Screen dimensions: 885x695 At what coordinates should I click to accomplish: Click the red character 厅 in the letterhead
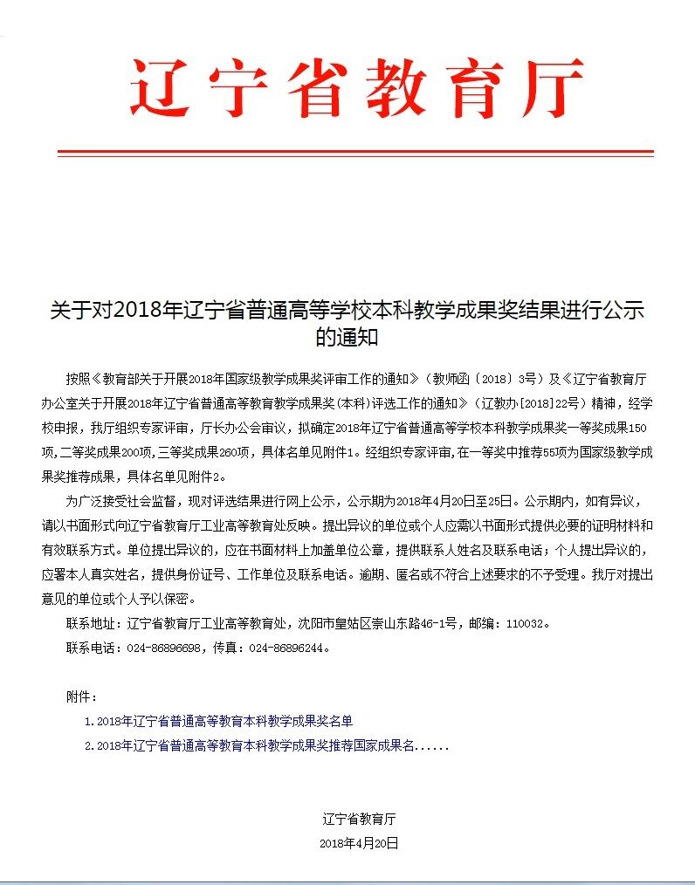pos(545,89)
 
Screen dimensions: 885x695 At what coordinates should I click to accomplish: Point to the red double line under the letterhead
pos(355,153)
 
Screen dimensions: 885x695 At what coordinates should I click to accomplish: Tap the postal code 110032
pos(525,624)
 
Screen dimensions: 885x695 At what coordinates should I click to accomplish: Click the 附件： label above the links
pos(82,697)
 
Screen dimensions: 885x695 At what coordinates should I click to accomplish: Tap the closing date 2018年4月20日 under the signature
pos(359,843)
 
